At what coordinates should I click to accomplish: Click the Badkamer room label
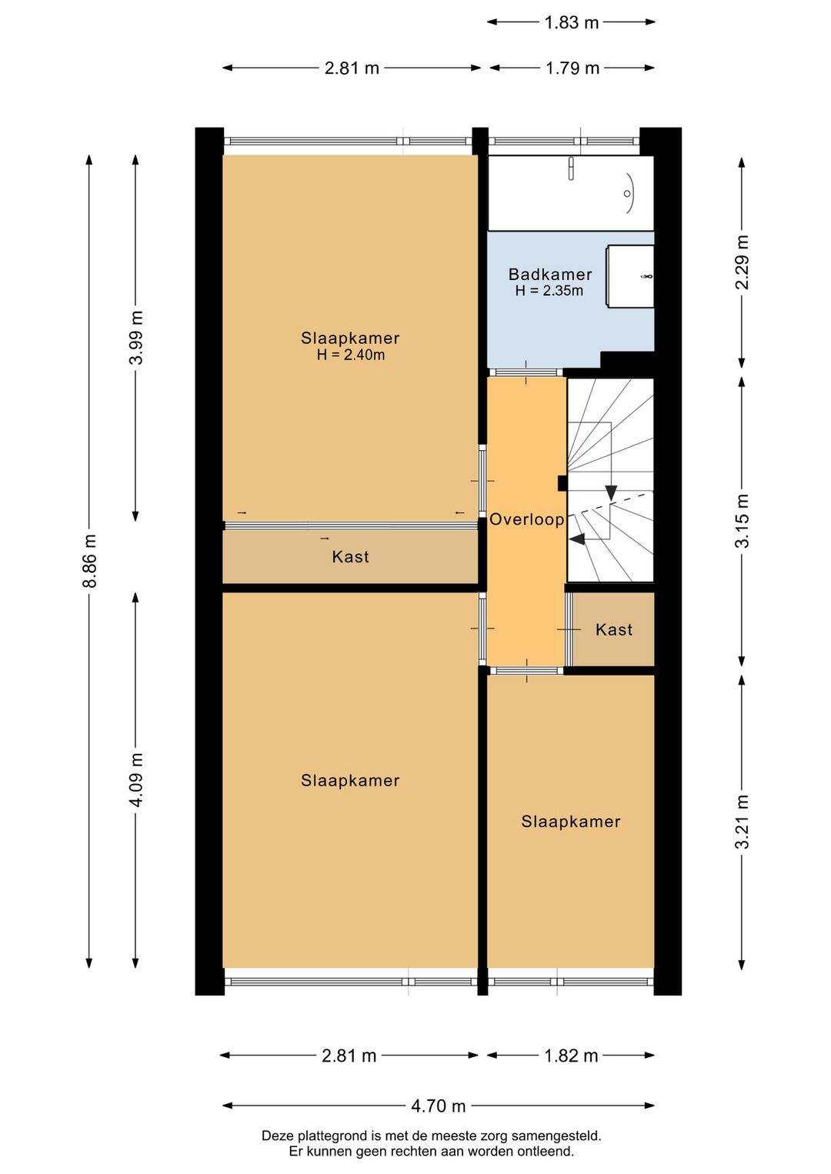coord(550,275)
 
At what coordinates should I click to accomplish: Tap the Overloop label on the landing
coord(527,519)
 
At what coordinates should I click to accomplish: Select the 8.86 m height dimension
coord(90,560)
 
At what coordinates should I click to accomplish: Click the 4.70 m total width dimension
coord(438,1106)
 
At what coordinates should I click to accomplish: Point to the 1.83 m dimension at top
coord(571,22)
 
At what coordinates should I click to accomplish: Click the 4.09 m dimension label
coord(136,780)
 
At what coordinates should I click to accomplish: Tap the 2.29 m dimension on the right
coord(742,262)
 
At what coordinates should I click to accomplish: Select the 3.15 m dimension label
coord(742,521)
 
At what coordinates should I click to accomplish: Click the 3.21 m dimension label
coord(742,822)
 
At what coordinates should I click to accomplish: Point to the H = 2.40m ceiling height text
coord(351,355)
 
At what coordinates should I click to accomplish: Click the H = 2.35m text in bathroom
coord(549,291)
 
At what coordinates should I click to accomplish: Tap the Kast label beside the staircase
coord(614,630)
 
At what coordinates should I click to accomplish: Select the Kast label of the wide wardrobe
coord(351,557)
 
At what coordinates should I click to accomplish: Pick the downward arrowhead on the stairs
coord(611,493)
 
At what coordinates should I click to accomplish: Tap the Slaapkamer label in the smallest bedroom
coord(571,822)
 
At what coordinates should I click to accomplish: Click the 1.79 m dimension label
coord(572,68)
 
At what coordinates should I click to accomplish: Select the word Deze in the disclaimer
coord(277,1136)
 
